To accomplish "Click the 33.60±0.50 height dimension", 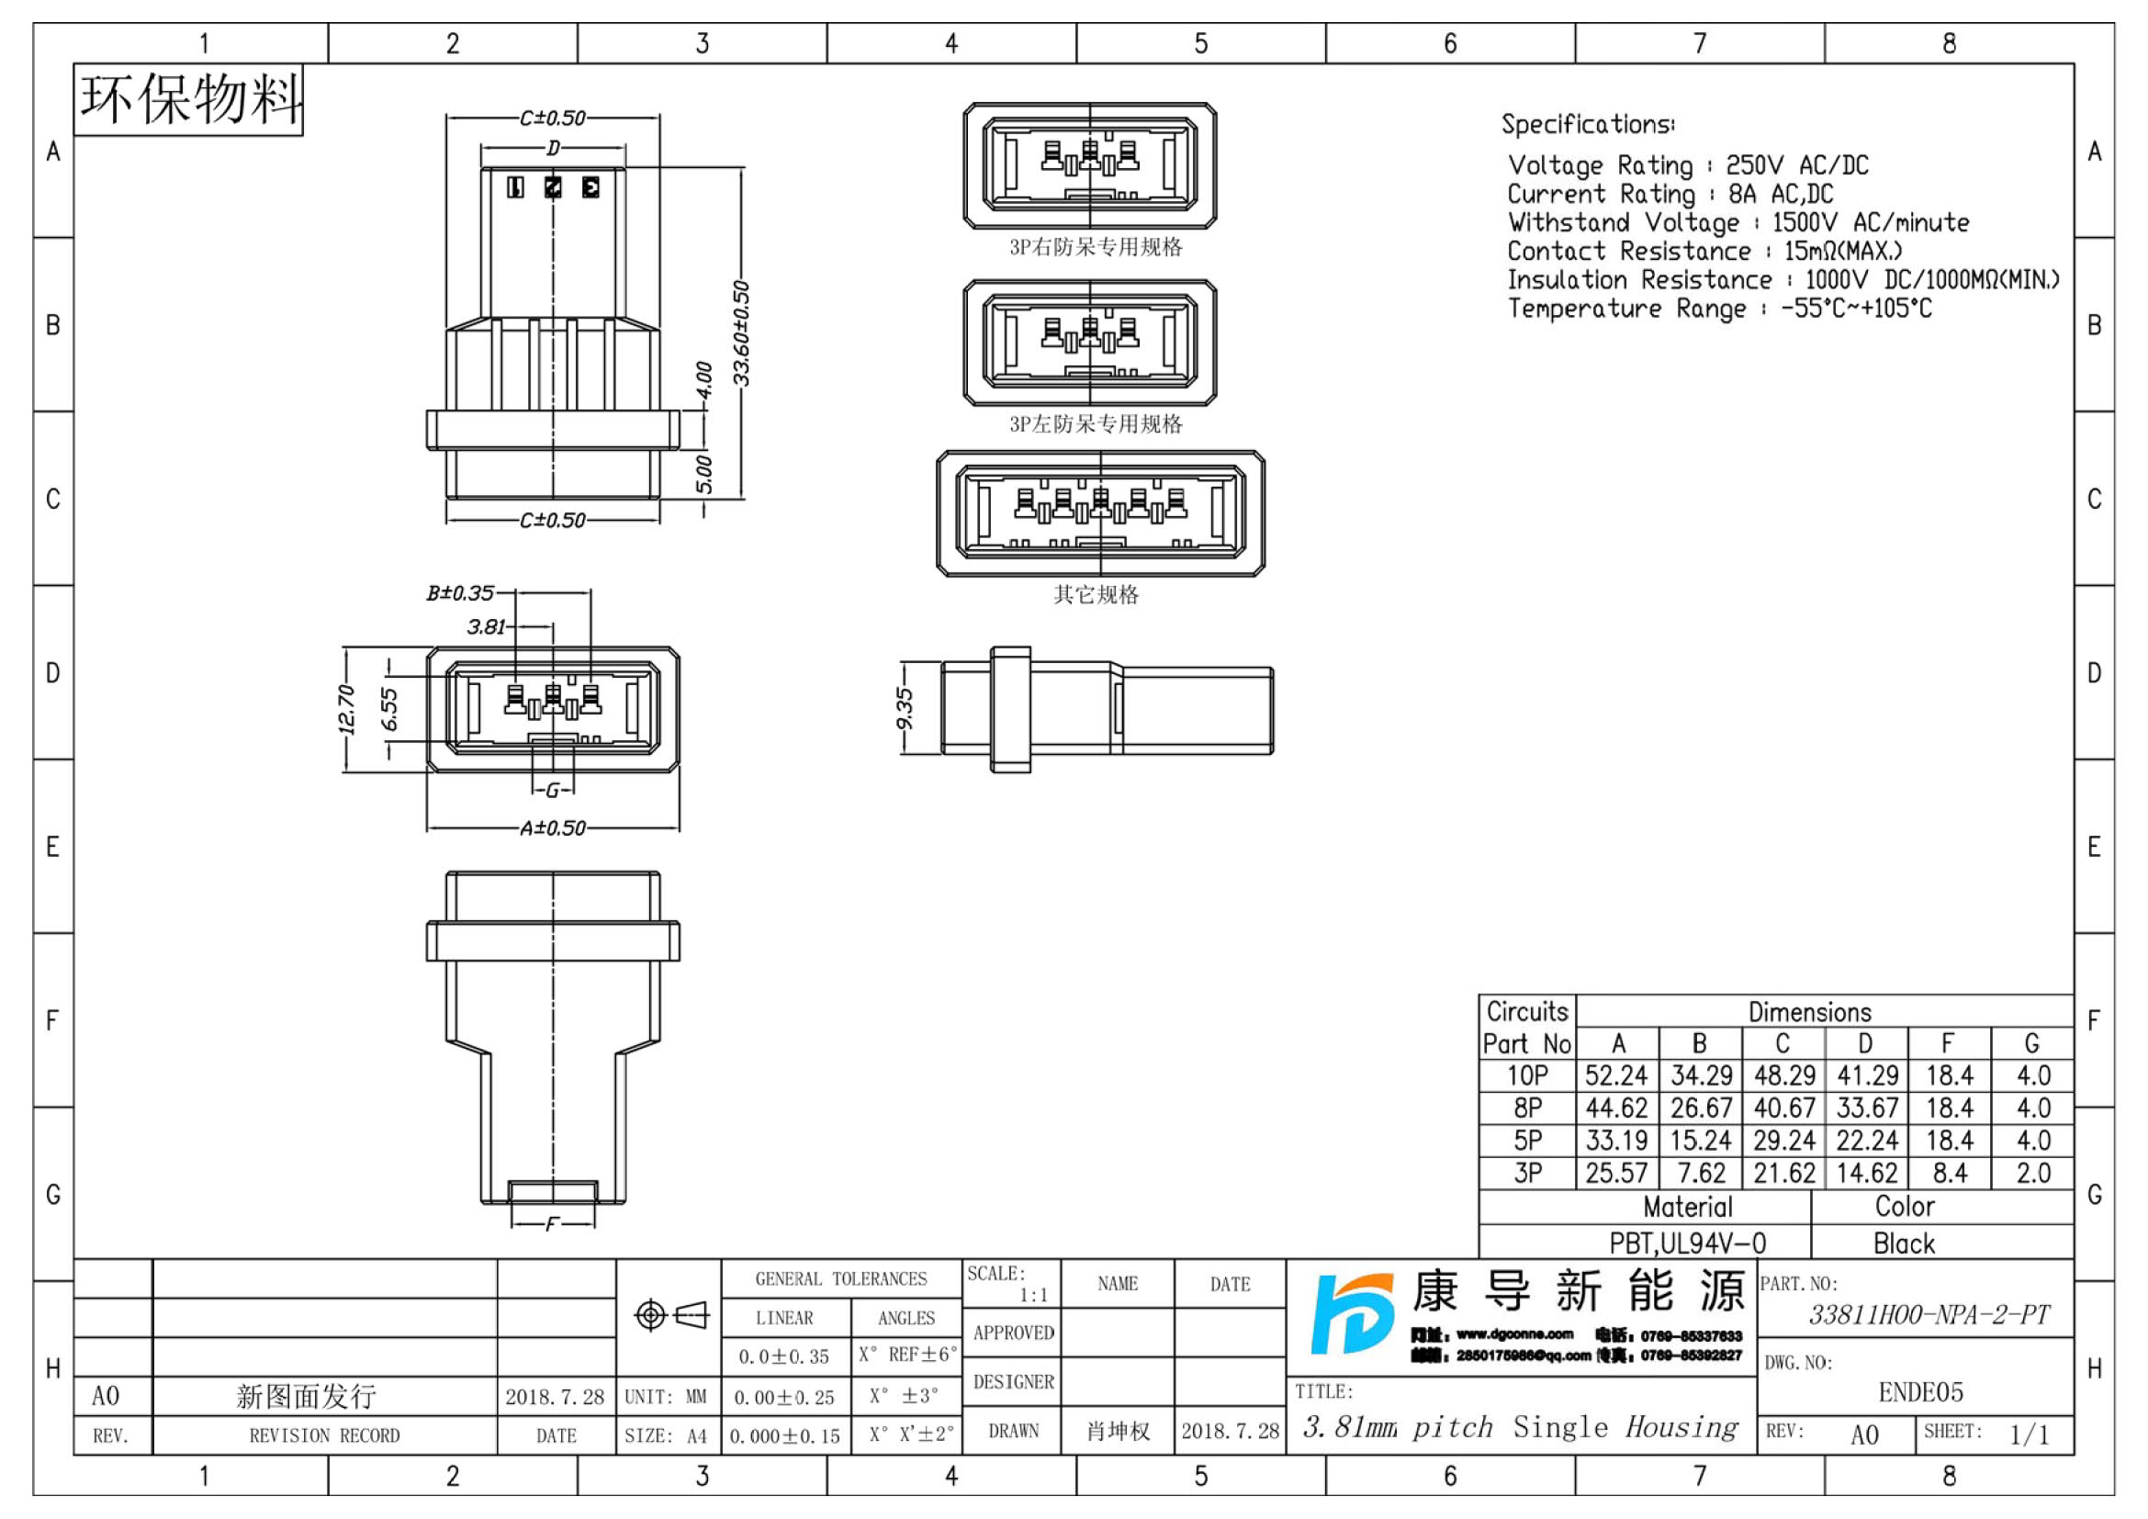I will [741, 333].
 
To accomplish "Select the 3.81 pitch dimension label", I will [487, 626].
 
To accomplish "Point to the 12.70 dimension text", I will [346, 709].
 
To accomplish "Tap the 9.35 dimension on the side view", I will [904, 710].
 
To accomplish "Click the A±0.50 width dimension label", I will [553, 828].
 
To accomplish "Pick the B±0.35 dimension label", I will [460, 593].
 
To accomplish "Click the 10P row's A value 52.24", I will [1615, 1076].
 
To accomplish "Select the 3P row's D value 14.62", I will [1866, 1174].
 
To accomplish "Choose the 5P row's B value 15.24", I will [1701, 1142].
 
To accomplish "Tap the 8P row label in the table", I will [1528, 1109].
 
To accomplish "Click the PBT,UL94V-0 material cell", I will [1687, 1243].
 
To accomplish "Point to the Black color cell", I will [1903, 1243].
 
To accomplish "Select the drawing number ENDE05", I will [1919, 1393].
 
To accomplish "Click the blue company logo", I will [1350, 1314].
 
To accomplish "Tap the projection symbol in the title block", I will [670, 1316].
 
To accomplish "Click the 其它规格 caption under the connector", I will [1096, 595].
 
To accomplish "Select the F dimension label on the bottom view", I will [552, 1223].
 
